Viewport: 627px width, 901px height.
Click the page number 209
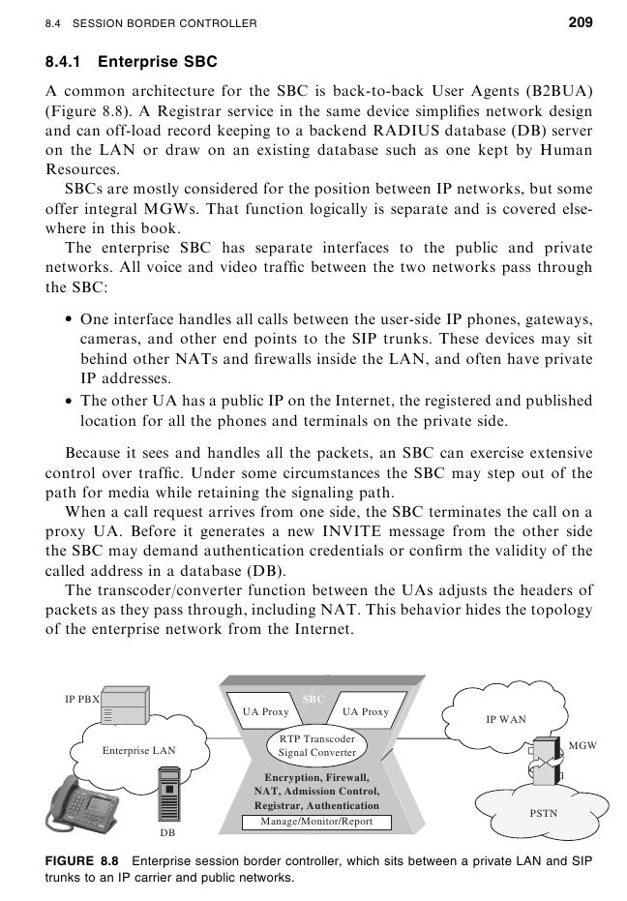click(580, 21)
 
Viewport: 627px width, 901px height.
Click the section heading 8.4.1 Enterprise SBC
click(132, 62)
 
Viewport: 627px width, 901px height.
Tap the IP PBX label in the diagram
click(82, 698)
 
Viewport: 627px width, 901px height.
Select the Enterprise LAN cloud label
click(138, 750)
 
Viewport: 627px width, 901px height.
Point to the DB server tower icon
click(168, 794)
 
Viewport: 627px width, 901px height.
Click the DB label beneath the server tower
click(167, 831)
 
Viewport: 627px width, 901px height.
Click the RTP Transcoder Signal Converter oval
click(316, 745)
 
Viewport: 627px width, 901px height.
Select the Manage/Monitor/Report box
click(316, 822)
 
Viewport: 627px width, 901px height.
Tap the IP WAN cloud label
click(505, 719)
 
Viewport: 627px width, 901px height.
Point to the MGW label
click(582, 745)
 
